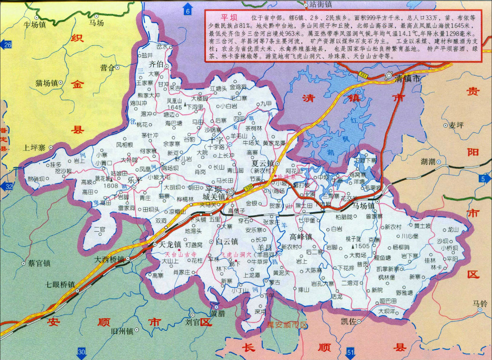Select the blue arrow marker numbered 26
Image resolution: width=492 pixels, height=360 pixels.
[x=7, y=45]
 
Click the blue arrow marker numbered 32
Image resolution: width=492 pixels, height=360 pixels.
[x=7, y=187]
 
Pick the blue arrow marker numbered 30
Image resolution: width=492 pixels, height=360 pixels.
[x=81, y=352]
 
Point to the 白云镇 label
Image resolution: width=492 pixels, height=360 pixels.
[x=227, y=242]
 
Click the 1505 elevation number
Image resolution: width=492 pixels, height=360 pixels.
[x=362, y=246]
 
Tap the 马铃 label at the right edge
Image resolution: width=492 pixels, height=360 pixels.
[x=480, y=303]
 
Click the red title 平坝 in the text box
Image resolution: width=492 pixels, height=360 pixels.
[x=227, y=18]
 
